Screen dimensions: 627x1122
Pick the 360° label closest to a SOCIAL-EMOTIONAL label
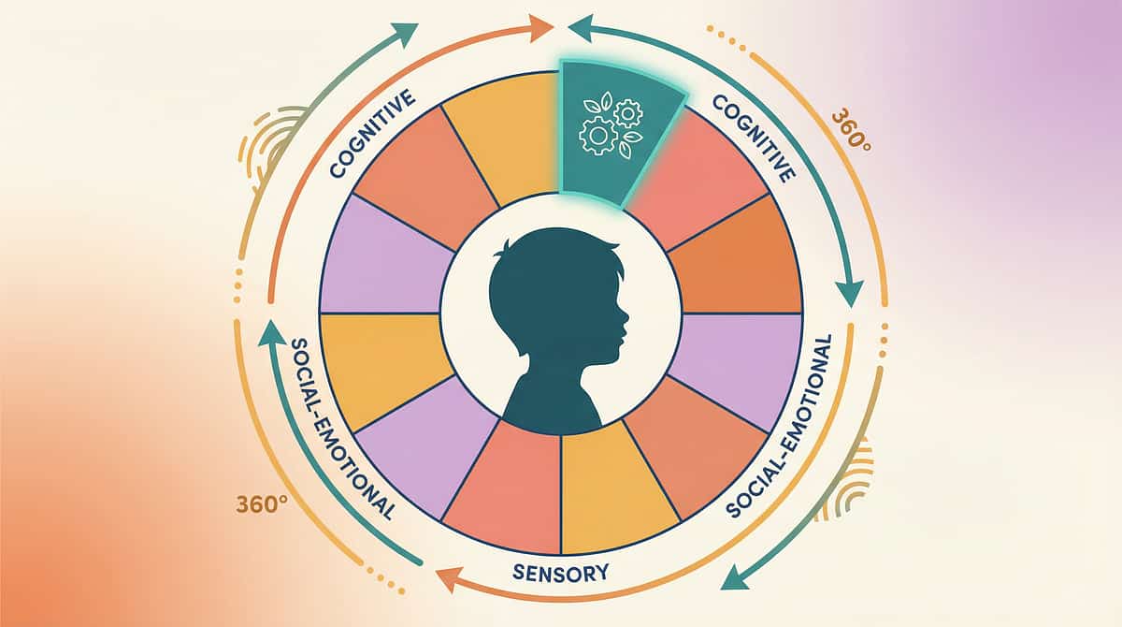coord(261,503)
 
